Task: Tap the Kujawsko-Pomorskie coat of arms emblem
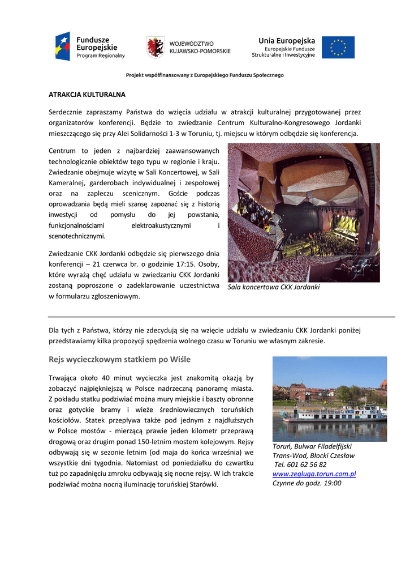pos(156,47)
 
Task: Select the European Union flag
pos(338,48)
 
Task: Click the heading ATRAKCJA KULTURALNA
pos(87,95)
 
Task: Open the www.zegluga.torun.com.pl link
pos(314,474)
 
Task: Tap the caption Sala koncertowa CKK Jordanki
pos(273,287)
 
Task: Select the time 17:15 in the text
pos(170,265)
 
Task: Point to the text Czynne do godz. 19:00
pos(307,483)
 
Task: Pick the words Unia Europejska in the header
pos(287,41)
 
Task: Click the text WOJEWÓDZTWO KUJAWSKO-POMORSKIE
pos(200,48)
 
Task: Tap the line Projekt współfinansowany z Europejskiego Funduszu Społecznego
pos(205,75)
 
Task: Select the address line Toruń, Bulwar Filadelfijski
pos(312,446)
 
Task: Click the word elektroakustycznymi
pos(161,225)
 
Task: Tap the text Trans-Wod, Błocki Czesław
pos(313,455)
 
